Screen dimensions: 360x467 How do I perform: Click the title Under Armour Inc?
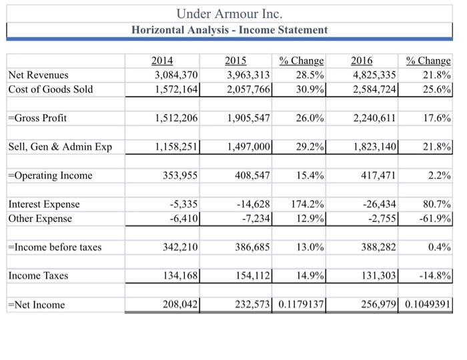pyautogui.click(x=229, y=13)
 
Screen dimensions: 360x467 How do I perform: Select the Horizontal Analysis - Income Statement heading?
pyautogui.click(x=229, y=30)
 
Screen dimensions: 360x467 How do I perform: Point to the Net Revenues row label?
pyautogui.click(x=38, y=75)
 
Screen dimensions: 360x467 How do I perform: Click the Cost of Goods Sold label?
pyautogui.click(x=51, y=89)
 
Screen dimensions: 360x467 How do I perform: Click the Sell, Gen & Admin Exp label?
pyautogui.click(x=60, y=147)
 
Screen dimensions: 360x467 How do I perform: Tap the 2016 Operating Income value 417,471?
pyautogui.click(x=378, y=175)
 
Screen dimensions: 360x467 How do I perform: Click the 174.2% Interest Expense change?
pyautogui.click(x=308, y=204)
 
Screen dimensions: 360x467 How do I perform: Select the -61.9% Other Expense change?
pyautogui.click(x=434, y=219)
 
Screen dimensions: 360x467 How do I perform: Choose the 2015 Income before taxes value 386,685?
pyautogui.click(x=250, y=247)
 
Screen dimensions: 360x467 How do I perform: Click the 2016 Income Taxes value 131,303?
pyautogui.click(x=378, y=276)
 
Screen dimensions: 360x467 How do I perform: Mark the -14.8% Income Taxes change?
pyautogui.click(x=434, y=276)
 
